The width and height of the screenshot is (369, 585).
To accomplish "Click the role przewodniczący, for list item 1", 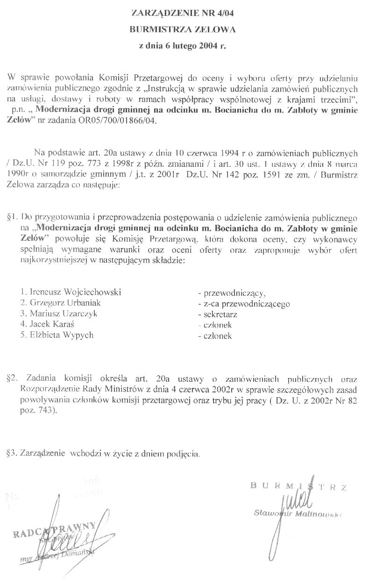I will tap(232, 293).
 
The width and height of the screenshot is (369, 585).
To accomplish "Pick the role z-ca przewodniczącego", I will tap(244, 304).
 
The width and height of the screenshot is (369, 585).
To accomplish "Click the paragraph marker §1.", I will tap(13, 217).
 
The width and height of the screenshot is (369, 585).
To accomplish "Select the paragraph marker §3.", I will tap(13, 453).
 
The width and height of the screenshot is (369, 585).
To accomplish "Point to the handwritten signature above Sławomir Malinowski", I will tap(294, 501).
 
